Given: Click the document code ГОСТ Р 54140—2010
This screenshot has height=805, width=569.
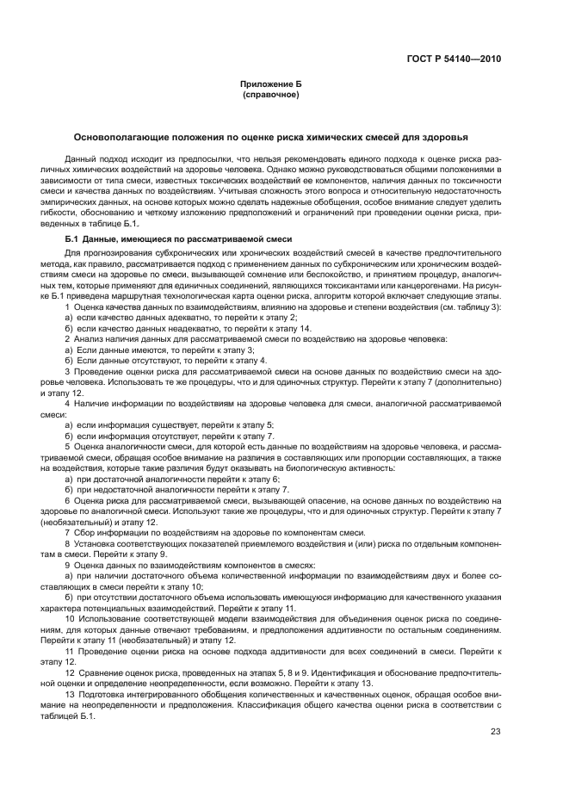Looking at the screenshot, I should pos(455,59).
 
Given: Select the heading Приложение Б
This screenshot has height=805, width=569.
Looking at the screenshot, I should pos(271,85).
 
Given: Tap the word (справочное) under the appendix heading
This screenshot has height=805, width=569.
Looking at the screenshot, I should pos(271,95).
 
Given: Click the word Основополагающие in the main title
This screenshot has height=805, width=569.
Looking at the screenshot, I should pos(127,136).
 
